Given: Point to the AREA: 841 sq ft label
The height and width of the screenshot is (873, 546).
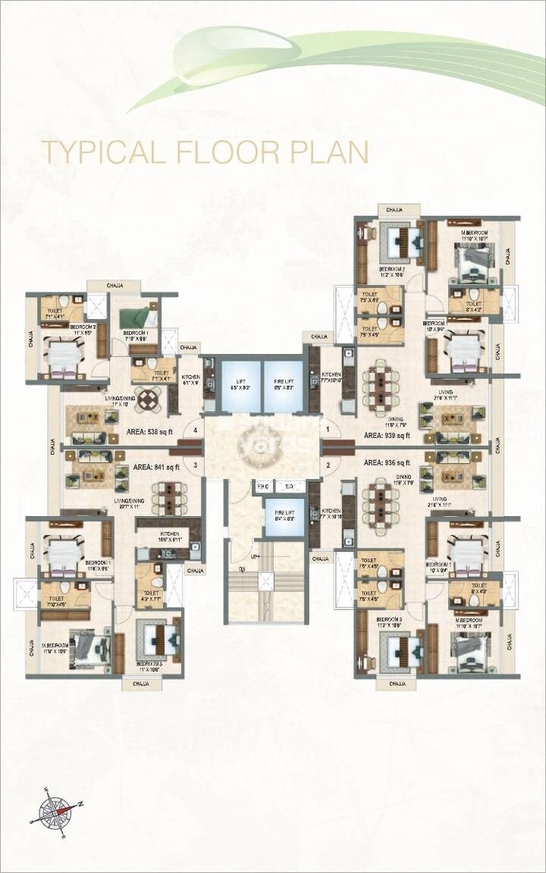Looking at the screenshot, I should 156,467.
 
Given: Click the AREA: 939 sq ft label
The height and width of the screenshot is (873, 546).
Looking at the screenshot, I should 387,436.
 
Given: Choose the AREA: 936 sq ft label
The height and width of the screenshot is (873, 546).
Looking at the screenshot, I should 387,462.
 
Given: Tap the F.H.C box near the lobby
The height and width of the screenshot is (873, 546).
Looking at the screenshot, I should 263,487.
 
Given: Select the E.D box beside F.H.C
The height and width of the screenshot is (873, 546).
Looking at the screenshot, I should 289,487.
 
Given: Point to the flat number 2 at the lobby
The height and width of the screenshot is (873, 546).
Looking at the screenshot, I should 328,465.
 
